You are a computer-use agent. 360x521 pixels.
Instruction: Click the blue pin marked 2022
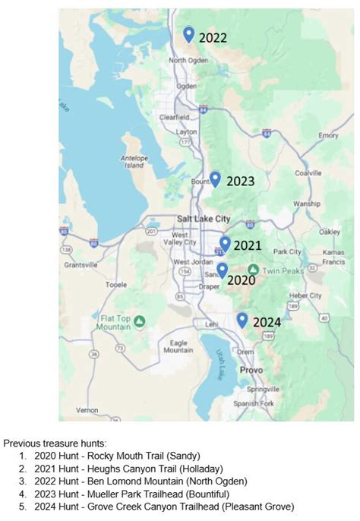[188, 34]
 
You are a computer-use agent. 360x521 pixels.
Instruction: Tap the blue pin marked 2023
[215, 179]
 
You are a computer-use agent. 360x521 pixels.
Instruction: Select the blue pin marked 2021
[225, 244]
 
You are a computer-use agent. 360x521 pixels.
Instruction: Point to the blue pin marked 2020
[223, 270]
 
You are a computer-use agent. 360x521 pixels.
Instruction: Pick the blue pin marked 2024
[242, 320]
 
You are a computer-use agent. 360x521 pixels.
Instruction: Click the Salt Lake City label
[203, 219]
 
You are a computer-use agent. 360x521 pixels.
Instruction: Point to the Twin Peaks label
[283, 270]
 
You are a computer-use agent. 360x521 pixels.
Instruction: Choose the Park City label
[288, 251]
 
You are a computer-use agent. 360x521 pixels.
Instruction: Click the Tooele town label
[115, 285]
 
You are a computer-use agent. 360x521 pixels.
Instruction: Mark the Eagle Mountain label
[178, 346]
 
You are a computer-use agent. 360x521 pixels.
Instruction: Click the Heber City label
[306, 295]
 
